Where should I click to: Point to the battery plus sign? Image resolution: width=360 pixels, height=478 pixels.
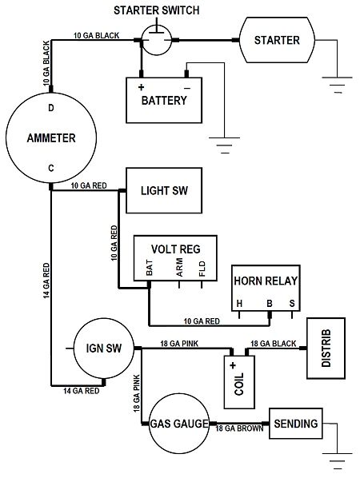pos(142,86)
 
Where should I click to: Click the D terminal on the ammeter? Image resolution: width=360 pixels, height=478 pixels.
pos(51,107)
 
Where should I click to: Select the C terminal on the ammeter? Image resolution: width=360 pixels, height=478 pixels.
pos(51,167)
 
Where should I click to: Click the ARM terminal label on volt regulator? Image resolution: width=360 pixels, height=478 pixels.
pos(178,268)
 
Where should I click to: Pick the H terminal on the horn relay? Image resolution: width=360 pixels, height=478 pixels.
pos(239,303)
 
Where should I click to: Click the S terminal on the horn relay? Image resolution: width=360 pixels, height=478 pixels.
pos(291,303)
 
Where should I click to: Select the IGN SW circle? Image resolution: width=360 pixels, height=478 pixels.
pos(102,349)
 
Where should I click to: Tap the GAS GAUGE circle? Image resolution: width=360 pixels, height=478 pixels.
pos(179,423)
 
